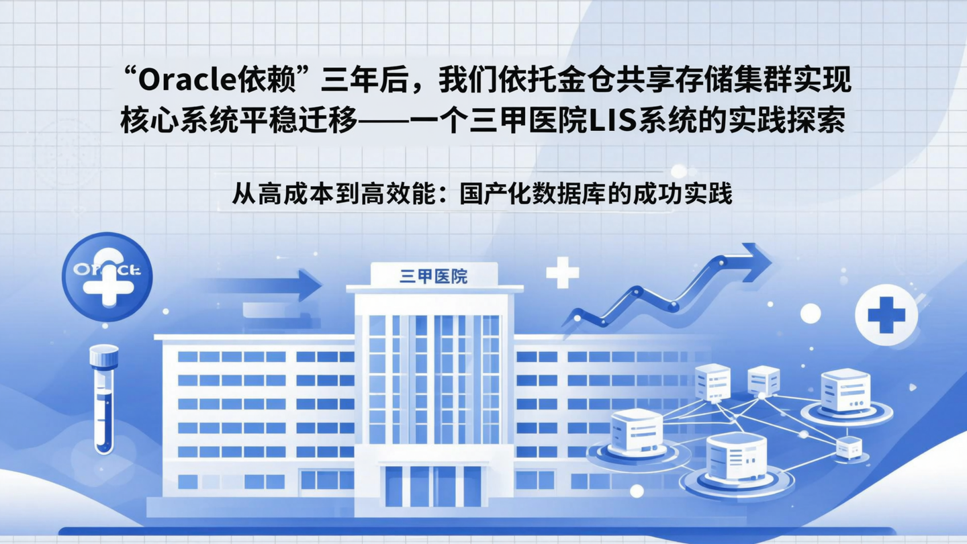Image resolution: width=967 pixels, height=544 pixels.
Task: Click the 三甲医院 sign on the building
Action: (434, 275)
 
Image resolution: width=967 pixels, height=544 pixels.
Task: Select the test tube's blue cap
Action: (104, 356)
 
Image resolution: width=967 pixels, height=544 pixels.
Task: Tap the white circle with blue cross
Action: (886, 315)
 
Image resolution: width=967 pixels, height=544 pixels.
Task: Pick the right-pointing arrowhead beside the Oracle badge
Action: (307, 285)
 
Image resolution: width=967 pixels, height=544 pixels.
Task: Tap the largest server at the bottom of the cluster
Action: (736, 457)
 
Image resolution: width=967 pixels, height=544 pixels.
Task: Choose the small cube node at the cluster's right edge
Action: (848, 447)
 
